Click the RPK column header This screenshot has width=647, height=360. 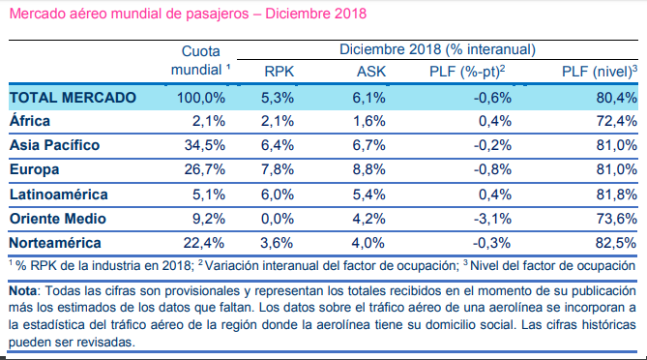[x=279, y=72]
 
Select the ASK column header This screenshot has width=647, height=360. [x=371, y=72]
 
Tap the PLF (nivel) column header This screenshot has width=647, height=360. [x=600, y=72]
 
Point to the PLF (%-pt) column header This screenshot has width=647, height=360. [x=467, y=72]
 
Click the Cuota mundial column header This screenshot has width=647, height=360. [x=201, y=60]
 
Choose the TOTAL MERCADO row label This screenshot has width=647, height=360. [x=73, y=98]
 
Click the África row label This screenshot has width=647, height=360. [x=30, y=121]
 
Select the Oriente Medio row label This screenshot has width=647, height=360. [x=58, y=219]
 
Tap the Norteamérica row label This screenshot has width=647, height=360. [x=55, y=243]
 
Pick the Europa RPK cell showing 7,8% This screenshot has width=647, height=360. [x=278, y=169]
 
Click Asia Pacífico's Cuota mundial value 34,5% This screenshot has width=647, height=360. [x=205, y=145]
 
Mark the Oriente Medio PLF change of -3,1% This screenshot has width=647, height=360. [x=492, y=219]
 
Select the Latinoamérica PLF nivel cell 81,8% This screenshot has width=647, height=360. [x=616, y=195]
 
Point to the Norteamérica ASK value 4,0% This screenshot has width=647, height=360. [x=368, y=243]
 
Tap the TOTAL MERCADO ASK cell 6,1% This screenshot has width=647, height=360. [x=368, y=98]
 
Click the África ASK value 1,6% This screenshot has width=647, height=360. [x=368, y=121]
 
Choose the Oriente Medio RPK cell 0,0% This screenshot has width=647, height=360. [x=278, y=219]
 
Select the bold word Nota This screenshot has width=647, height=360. [x=22, y=290]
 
